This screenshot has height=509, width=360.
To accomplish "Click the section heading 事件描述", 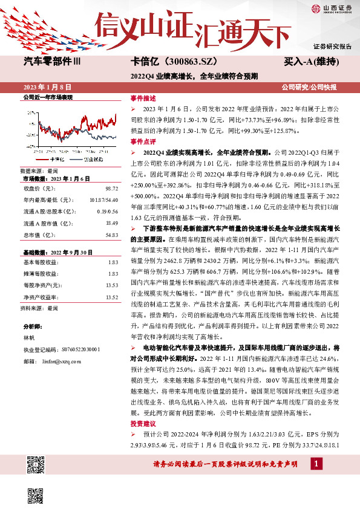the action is (143, 97).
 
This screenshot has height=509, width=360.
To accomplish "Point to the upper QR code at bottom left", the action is (36, 466).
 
